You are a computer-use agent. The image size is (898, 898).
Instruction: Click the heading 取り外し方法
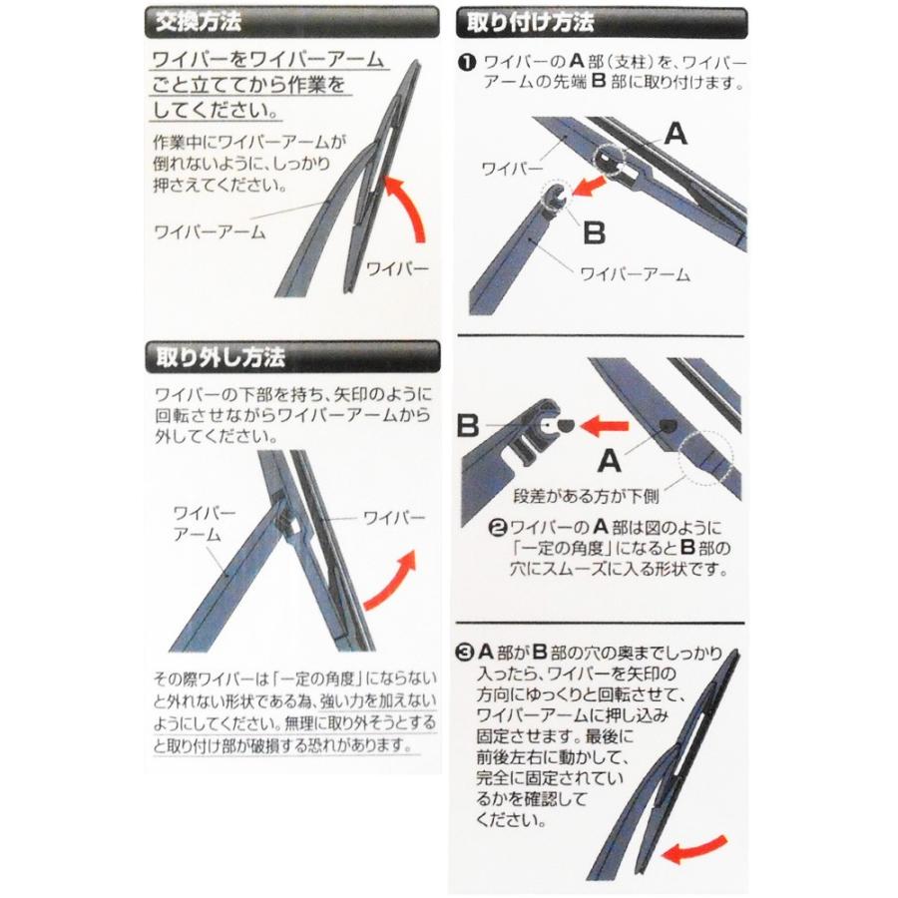pyautogui.click(x=214, y=356)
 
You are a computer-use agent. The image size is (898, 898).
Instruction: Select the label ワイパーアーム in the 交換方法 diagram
pyautogui.click(x=209, y=232)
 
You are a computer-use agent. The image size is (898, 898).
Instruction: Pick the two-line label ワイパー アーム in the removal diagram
pyautogui.click(x=204, y=523)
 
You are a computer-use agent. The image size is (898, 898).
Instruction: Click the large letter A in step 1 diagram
pyautogui.click(x=675, y=135)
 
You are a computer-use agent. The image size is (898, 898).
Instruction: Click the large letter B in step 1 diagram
pyautogui.click(x=593, y=231)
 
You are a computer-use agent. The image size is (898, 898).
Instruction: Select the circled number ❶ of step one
pyautogui.click(x=467, y=62)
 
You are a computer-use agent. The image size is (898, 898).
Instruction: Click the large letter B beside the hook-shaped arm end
pyautogui.click(x=469, y=427)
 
